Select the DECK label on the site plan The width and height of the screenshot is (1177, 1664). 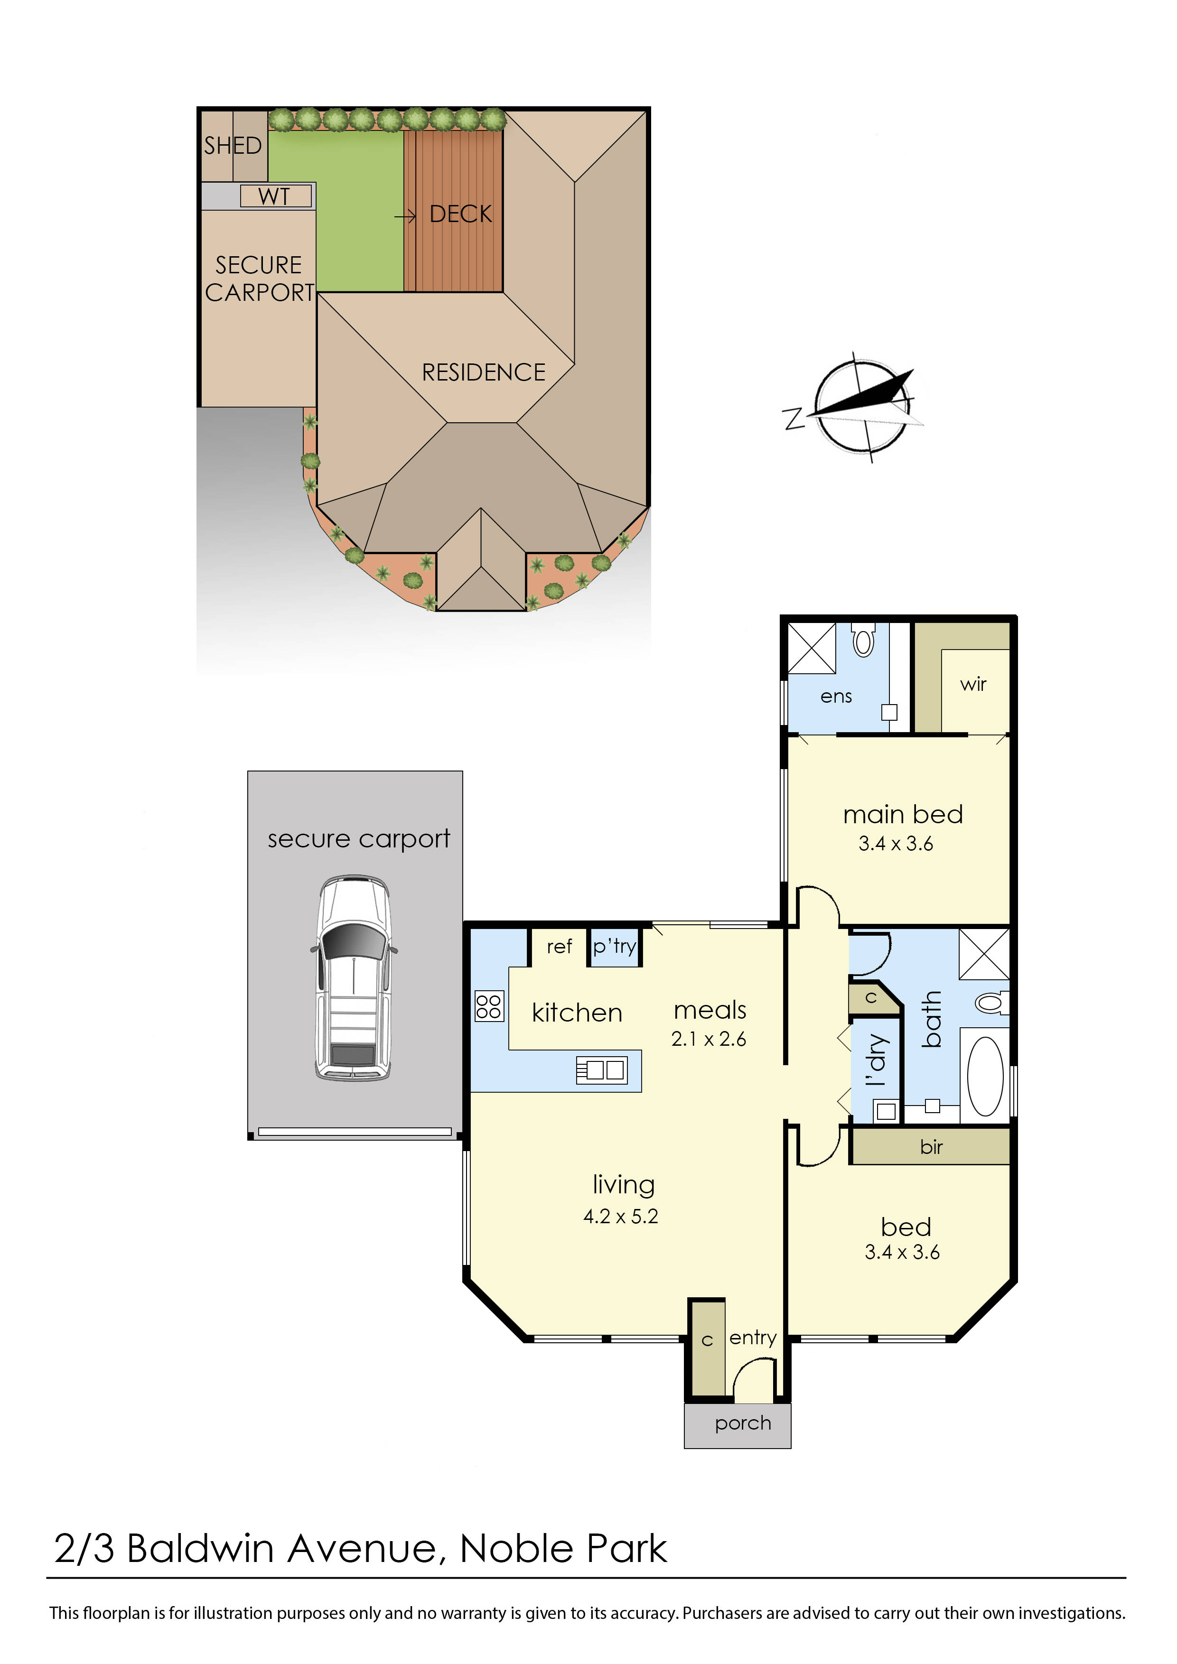460,214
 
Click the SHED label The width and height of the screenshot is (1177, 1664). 232,146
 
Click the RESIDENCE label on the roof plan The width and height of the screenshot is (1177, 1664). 484,372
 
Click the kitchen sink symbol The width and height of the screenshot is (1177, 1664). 601,1069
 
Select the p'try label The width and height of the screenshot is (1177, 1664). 614,947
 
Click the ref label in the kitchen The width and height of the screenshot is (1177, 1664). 559,947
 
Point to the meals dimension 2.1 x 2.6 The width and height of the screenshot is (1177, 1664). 708,1039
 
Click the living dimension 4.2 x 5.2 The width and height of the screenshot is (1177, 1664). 620,1216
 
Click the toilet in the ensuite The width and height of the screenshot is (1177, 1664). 863,641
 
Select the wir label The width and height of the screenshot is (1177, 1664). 972,684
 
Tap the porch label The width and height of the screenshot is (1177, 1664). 742,1422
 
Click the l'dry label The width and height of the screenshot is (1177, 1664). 876,1060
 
